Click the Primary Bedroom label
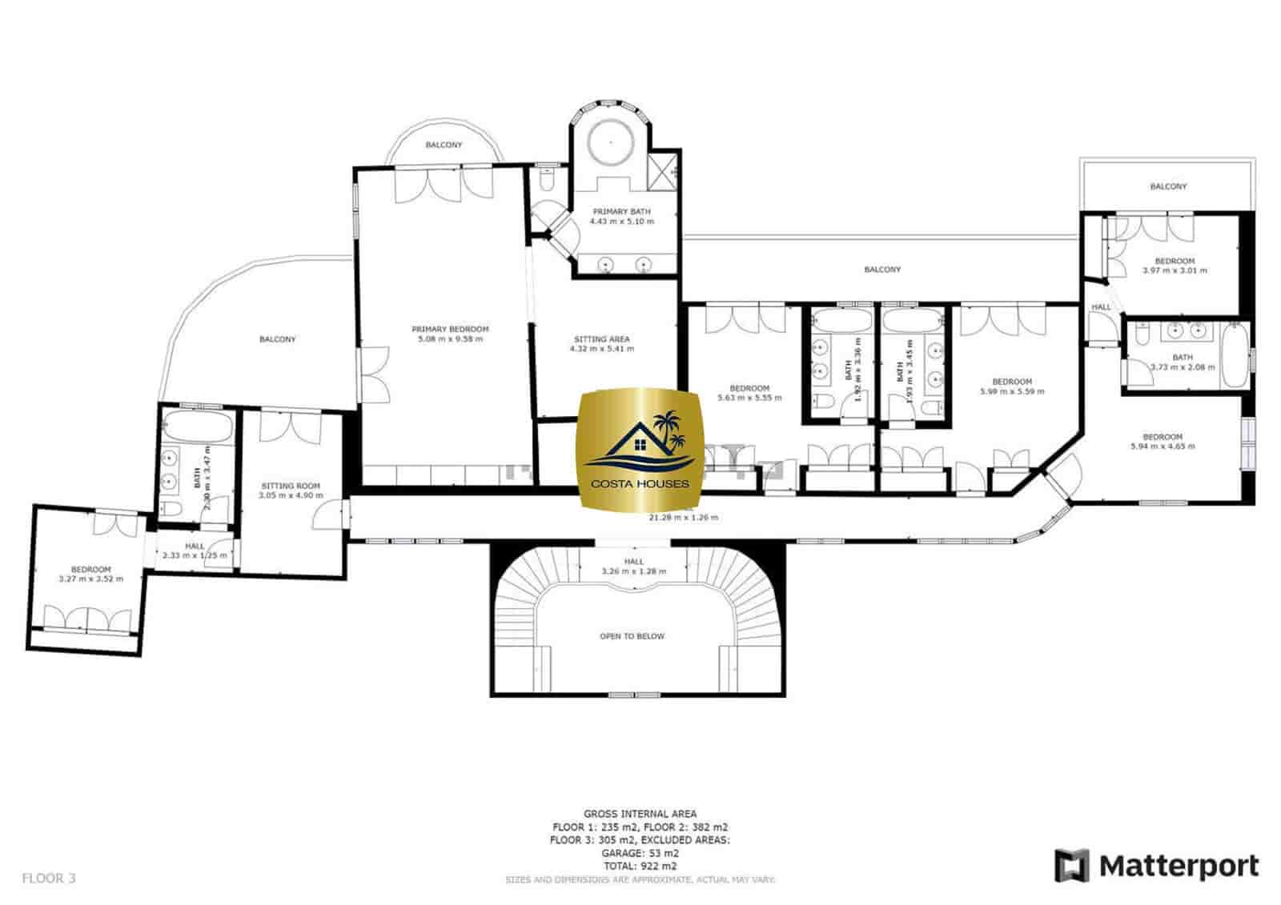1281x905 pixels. coord(449,329)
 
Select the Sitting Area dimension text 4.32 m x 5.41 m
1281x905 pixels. coord(601,349)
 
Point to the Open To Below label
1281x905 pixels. coord(632,636)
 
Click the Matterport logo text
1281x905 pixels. coord(1178,866)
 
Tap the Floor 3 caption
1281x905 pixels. coord(48,878)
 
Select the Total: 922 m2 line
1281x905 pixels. coord(640,866)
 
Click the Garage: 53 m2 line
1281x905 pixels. coord(640,853)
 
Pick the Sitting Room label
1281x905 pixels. coord(290,486)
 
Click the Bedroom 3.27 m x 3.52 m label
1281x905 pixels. coord(90,570)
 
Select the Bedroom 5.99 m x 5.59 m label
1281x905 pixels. coord(1011,382)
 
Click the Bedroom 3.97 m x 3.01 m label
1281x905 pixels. coord(1174,261)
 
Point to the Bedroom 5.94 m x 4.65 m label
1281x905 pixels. coord(1162,437)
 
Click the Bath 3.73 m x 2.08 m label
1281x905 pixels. coord(1182,358)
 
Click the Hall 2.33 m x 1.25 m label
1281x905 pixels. coord(194,547)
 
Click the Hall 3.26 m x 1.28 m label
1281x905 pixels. coord(633,562)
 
